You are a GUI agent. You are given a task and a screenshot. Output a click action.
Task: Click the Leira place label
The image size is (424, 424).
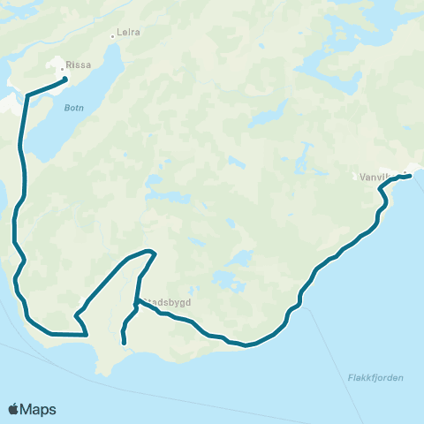point(130,32)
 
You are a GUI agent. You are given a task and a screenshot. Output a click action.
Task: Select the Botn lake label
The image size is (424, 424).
point(73,110)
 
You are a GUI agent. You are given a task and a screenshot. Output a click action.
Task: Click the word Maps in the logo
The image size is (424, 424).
point(39,409)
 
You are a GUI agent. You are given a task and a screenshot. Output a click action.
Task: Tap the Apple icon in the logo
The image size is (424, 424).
point(13,408)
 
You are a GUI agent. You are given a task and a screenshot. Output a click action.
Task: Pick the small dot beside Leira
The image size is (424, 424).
point(113,36)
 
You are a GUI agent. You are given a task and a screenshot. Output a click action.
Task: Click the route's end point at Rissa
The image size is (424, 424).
point(65,81)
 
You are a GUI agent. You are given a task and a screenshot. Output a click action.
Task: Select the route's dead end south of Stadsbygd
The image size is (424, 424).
point(125,343)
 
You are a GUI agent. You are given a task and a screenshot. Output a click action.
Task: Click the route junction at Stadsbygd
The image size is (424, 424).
point(135,303)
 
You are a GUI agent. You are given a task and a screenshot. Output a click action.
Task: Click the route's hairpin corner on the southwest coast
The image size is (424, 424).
point(87,335)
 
